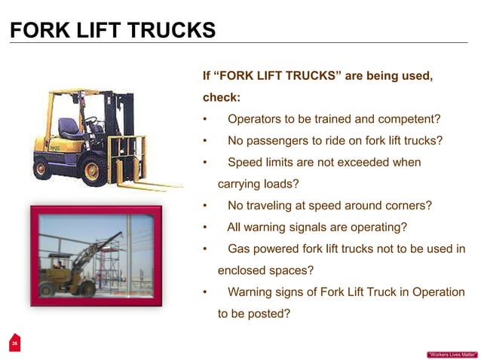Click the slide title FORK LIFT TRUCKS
112,31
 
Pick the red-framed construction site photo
96,256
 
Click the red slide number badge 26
14,343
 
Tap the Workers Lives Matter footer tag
451,354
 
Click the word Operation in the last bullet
438,292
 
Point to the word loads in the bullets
280,183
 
